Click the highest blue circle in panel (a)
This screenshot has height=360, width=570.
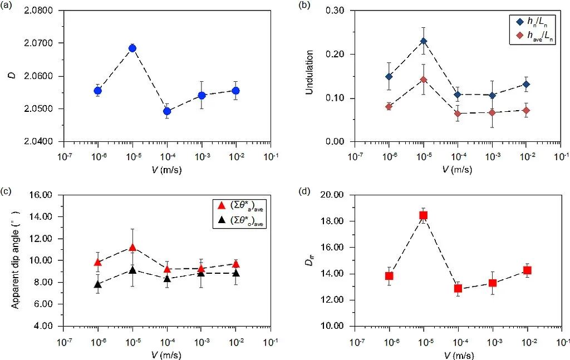click(x=132, y=48)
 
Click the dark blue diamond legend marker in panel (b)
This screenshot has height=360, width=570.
click(x=519, y=23)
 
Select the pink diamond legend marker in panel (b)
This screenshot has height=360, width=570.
click(x=519, y=36)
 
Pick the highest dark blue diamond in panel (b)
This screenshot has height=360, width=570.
click(x=424, y=41)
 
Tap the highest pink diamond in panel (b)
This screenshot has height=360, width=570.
click(x=424, y=80)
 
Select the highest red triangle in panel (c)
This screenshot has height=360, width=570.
click(x=132, y=248)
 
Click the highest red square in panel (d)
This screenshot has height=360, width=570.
click(x=424, y=215)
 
